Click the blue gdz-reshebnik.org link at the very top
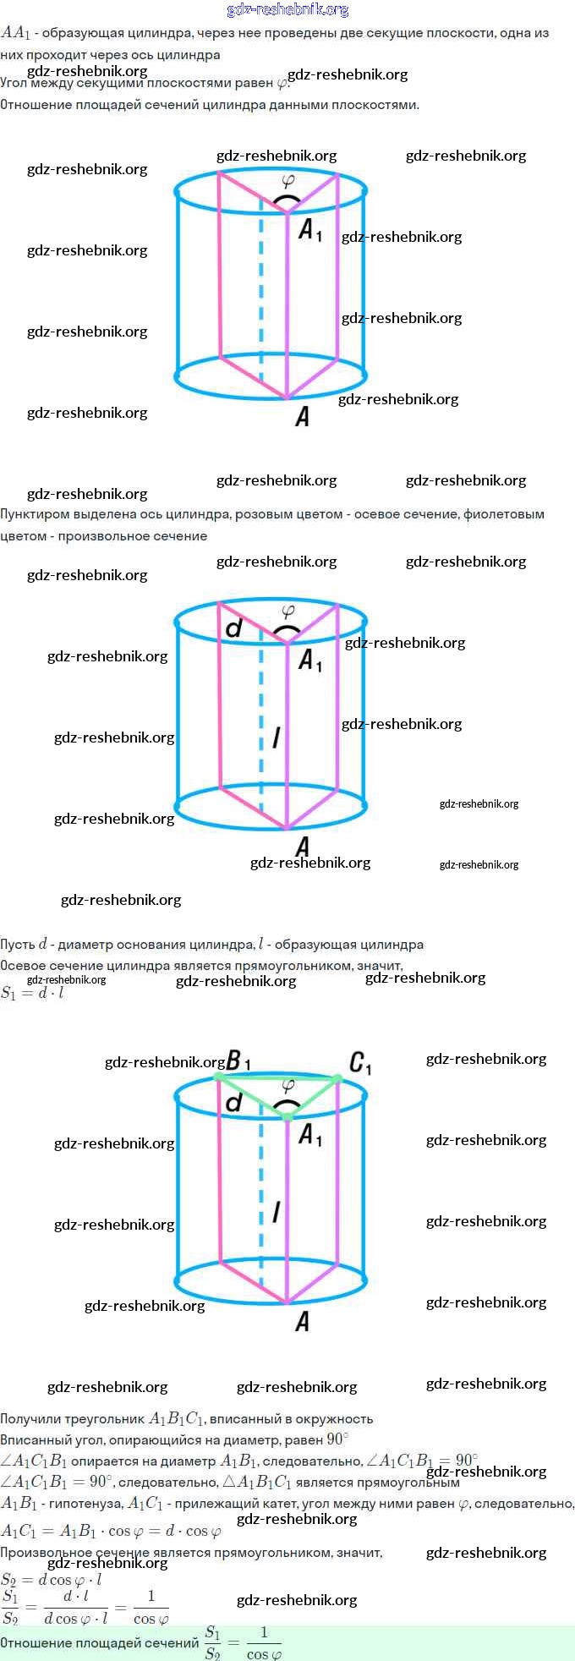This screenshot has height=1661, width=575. click(x=287, y=10)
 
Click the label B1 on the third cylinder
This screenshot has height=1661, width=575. click(x=238, y=1061)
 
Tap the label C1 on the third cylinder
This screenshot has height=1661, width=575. click(x=360, y=1062)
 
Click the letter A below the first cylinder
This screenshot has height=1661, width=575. click(x=302, y=416)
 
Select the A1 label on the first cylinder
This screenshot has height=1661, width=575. click(x=310, y=229)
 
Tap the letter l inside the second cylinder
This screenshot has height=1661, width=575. click(x=277, y=737)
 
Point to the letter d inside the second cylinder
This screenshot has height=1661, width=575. click(x=234, y=628)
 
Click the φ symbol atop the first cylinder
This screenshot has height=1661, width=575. click(x=287, y=180)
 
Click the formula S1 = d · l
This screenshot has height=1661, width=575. click(x=32, y=993)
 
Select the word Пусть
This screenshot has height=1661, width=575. click(x=18, y=945)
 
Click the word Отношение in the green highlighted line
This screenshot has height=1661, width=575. click(x=35, y=1642)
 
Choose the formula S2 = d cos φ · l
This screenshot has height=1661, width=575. click(x=51, y=1580)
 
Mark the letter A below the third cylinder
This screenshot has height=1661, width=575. click(x=302, y=1321)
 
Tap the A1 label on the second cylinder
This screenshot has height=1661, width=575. click(x=310, y=660)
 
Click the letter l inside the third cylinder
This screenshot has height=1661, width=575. click(x=277, y=1213)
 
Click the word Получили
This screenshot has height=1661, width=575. click(x=30, y=1418)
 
